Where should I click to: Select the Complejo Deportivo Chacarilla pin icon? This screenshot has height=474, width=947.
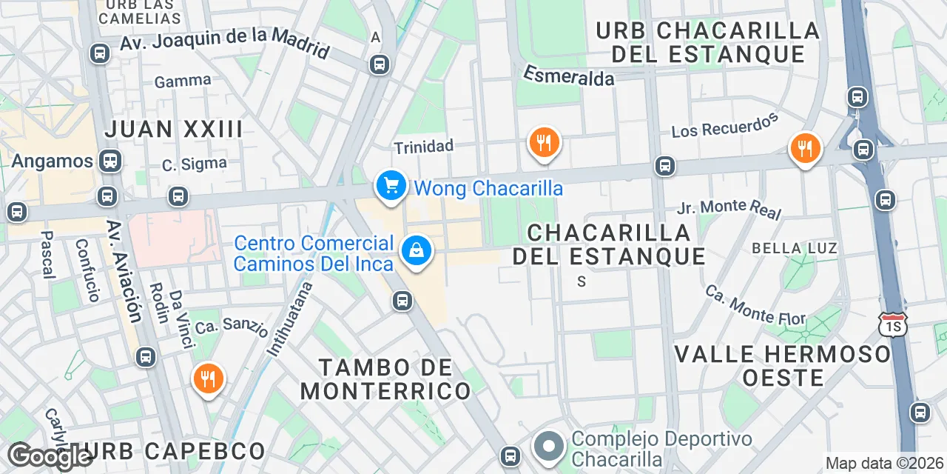tap(548, 447)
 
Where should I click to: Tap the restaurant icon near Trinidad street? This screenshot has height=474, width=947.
tap(544, 142)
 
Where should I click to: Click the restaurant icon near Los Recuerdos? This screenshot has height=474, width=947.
tap(804, 148)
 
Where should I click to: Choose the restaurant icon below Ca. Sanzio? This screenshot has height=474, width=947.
tap(208, 379)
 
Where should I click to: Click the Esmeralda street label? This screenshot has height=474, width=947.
tap(569, 75)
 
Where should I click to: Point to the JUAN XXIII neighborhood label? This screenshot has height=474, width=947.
tap(174, 129)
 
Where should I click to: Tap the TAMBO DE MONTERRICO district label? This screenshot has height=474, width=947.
tap(385, 378)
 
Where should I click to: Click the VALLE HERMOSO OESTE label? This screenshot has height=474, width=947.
tap(783, 365)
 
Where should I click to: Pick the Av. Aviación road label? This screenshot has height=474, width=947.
tap(123, 272)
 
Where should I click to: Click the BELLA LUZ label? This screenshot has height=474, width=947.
tap(794, 247)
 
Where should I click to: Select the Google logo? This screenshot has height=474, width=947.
tap(49, 455)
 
